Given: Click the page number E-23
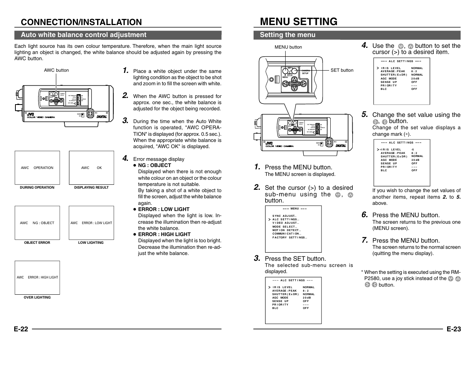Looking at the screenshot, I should [x=454, y=329].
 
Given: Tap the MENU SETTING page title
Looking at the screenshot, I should [x=298, y=22].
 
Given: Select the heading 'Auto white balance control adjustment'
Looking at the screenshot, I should [x=84, y=35].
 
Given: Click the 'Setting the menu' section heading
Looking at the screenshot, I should [x=288, y=35].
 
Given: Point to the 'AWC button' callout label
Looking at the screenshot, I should [x=56, y=70].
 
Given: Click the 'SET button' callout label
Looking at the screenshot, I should [x=342, y=70].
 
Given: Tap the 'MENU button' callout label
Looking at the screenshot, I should [x=288, y=47].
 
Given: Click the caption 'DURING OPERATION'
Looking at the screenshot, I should [x=37, y=187].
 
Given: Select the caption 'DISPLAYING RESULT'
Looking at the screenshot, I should [x=91, y=187].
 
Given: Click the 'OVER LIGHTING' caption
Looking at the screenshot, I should [x=37, y=297].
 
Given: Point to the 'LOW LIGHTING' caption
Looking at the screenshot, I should [x=91, y=243].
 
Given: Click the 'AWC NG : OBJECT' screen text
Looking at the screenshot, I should [x=37, y=223].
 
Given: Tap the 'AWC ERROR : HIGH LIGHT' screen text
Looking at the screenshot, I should [x=37, y=277].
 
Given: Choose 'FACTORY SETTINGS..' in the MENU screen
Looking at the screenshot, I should [x=289, y=237].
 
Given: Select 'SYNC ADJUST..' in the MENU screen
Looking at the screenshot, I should [x=284, y=216].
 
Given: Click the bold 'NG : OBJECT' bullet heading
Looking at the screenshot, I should [x=155, y=165].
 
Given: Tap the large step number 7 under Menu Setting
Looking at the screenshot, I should [x=365, y=240].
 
